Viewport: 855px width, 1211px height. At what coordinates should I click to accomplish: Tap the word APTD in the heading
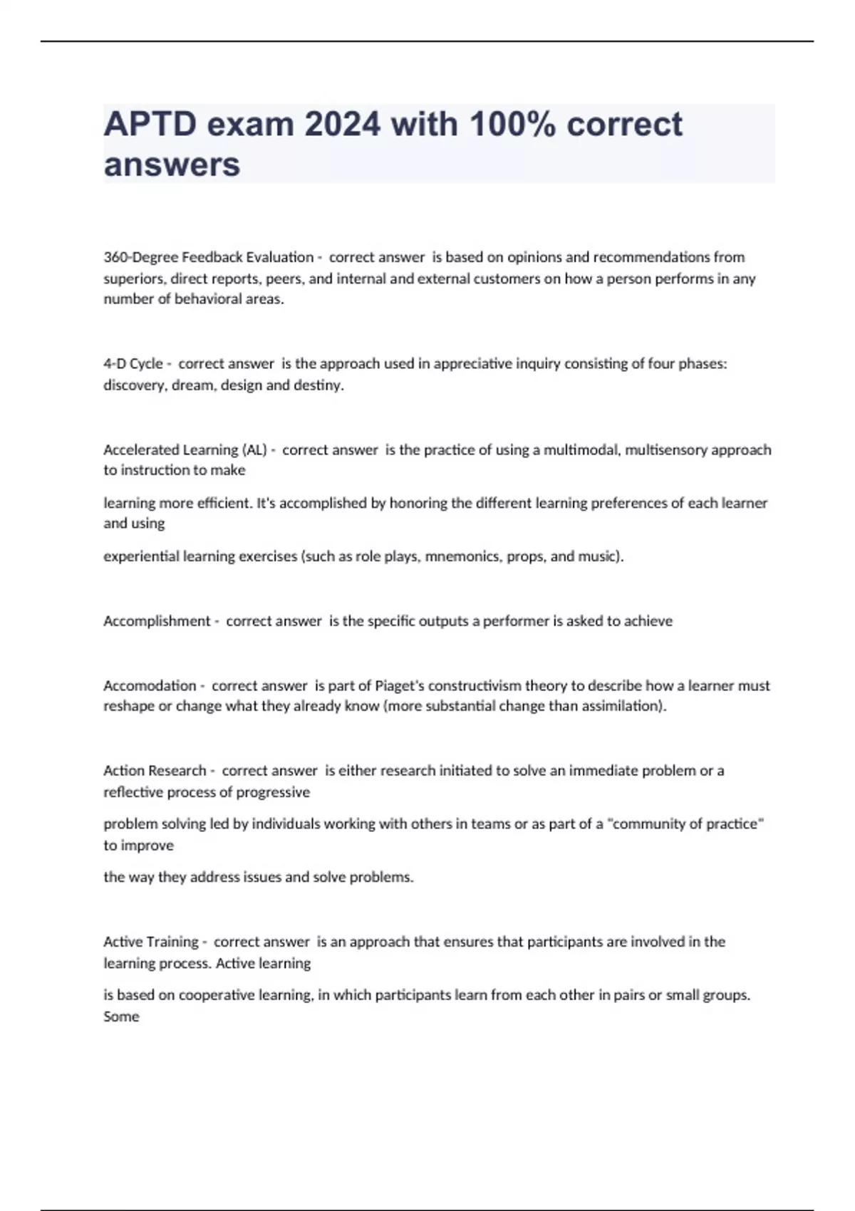pyautogui.click(x=150, y=125)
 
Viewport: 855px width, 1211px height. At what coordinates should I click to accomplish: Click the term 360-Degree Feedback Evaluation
pyautogui.click(x=208, y=257)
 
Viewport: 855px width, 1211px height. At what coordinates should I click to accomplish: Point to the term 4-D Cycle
pyautogui.click(x=133, y=364)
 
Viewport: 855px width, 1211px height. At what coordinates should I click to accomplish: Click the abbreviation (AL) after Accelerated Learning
pyautogui.click(x=254, y=450)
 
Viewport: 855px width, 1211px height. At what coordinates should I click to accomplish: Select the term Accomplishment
pyautogui.click(x=157, y=621)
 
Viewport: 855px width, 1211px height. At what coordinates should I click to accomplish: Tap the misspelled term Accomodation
pyautogui.click(x=150, y=686)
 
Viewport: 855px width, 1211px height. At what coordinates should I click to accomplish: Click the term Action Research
pyautogui.click(x=155, y=771)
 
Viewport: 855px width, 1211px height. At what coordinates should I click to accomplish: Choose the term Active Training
pyautogui.click(x=151, y=942)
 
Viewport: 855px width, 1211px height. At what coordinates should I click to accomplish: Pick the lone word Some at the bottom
pyautogui.click(x=121, y=1017)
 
